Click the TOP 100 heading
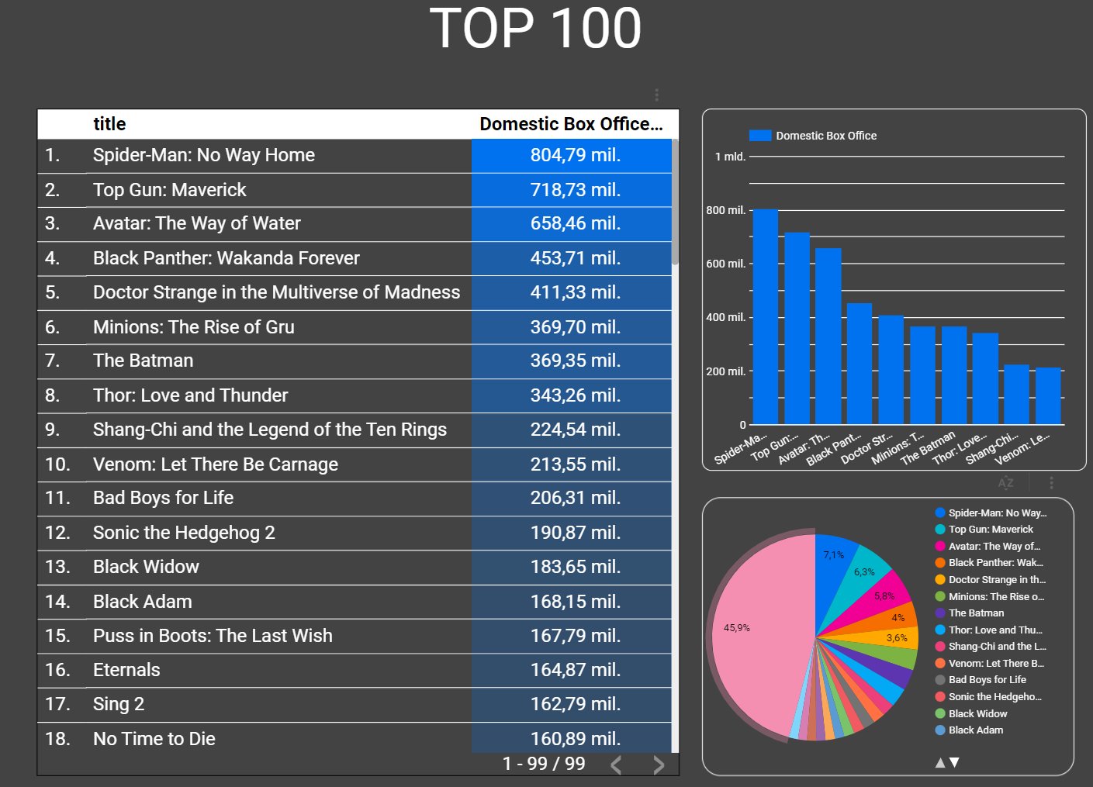[535, 29]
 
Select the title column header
[109, 124]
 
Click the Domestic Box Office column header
[571, 124]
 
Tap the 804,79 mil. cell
[575, 155]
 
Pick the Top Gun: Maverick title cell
[169, 190]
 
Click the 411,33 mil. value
[575, 292]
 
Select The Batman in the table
[143, 361]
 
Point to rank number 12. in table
[57, 533]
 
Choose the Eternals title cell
[126, 670]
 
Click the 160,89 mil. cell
[575, 739]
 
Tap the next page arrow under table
[659, 765]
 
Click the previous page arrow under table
[616, 765]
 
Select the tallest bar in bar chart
[766, 316]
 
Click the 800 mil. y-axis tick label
[725, 210]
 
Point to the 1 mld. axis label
[730, 157]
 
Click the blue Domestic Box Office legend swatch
[760, 136]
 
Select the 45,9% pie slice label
[736, 628]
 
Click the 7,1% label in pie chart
[833, 555]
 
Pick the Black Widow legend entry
[977, 713]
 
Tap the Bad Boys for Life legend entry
[987, 680]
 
